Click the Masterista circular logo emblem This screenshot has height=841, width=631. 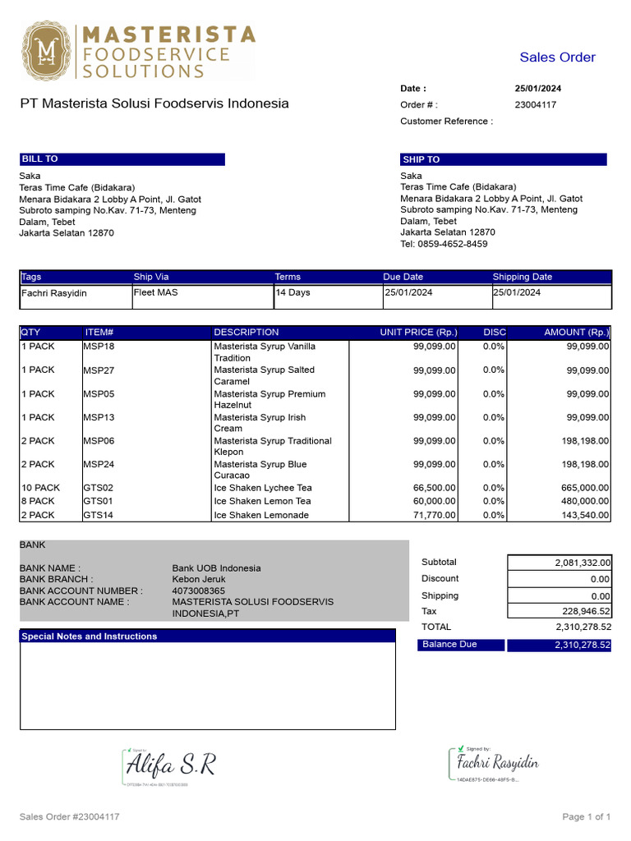click(46, 51)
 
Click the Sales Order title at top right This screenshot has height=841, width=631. click(557, 57)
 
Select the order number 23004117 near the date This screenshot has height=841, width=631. click(535, 105)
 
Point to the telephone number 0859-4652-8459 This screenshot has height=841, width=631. click(444, 244)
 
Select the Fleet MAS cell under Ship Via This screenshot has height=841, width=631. click(156, 292)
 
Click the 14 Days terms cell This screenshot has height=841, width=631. click(292, 292)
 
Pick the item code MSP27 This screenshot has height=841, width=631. click(99, 370)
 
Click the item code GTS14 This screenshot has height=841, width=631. click(99, 515)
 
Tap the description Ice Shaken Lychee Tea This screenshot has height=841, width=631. click(263, 488)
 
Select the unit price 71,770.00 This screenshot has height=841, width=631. click(434, 515)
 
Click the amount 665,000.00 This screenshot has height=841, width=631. click(582, 488)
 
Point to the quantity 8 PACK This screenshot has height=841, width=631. click(38, 501)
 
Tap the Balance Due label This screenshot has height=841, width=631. click(449, 645)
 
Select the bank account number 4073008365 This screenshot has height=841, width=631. click(198, 591)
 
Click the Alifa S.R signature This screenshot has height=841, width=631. click(170, 766)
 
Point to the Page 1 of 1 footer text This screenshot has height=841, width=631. click(586, 817)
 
